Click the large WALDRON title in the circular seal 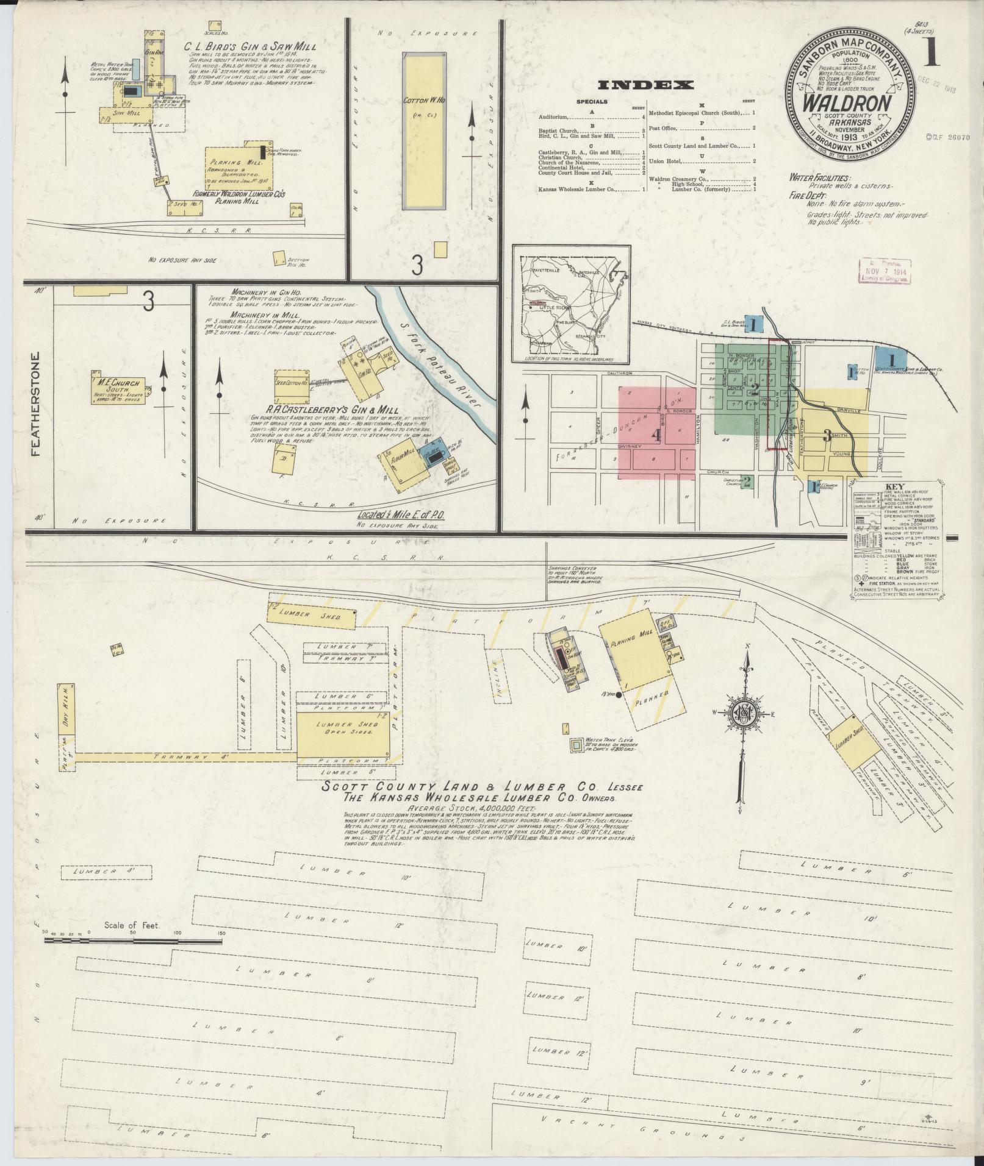852,103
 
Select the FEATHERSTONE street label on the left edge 35,406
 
